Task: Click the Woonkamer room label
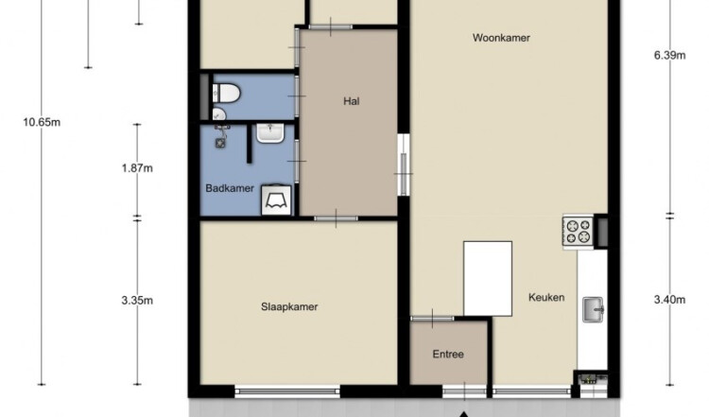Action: pyautogui.click(x=501, y=38)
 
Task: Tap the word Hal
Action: pyautogui.click(x=352, y=101)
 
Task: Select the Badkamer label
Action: pyautogui.click(x=230, y=188)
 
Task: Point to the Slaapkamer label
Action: pyautogui.click(x=289, y=306)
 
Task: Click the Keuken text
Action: pyautogui.click(x=546, y=297)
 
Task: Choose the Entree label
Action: pyautogui.click(x=448, y=355)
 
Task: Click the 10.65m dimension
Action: pyautogui.click(x=42, y=122)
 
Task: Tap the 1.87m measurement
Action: pyautogui.click(x=137, y=168)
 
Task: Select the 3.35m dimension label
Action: pyautogui.click(x=137, y=301)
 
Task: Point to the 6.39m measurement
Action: pyautogui.click(x=669, y=55)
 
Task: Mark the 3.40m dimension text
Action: pyautogui.click(x=669, y=300)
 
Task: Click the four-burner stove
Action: pyautogui.click(x=578, y=231)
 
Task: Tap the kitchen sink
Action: pyautogui.click(x=593, y=309)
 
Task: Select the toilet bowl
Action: pyautogui.click(x=226, y=94)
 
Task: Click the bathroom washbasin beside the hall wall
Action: pyautogui.click(x=270, y=133)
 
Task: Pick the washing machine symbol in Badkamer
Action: pyautogui.click(x=276, y=200)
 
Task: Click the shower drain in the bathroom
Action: pyautogui.click(x=220, y=144)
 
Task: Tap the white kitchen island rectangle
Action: pyautogui.click(x=488, y=279)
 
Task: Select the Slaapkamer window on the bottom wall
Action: pyautogui.click(x=287, y=391)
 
